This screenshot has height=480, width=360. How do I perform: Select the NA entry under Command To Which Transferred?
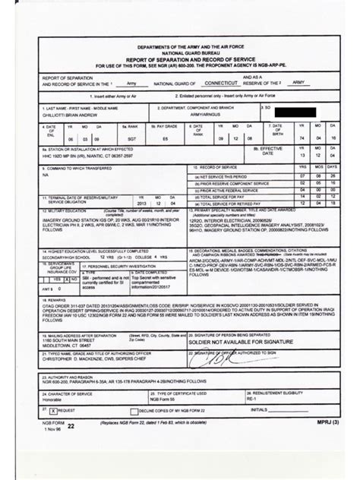[x=45, y=174]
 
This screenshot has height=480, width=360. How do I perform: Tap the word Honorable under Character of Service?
[x=53, y=399]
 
